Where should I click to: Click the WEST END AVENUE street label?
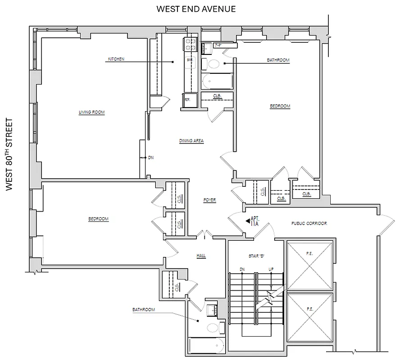(196, 9)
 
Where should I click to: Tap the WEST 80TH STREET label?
(10, 155)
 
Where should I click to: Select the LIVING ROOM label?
(91, 112)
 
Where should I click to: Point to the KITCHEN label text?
(116, 59)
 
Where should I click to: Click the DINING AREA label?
(191, 141)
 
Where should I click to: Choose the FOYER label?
(209, 199)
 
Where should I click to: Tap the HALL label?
(201, 255)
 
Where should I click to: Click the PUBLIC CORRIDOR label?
(309, 223)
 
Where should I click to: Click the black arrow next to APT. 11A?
(247, 221)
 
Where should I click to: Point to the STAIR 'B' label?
(256, 256)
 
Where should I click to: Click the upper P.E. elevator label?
(310, 253)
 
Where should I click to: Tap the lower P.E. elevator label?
(310, 310)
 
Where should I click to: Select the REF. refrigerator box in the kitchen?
(187, 100)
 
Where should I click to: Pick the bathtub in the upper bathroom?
(217, 81)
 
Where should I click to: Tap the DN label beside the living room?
(150, 157)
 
